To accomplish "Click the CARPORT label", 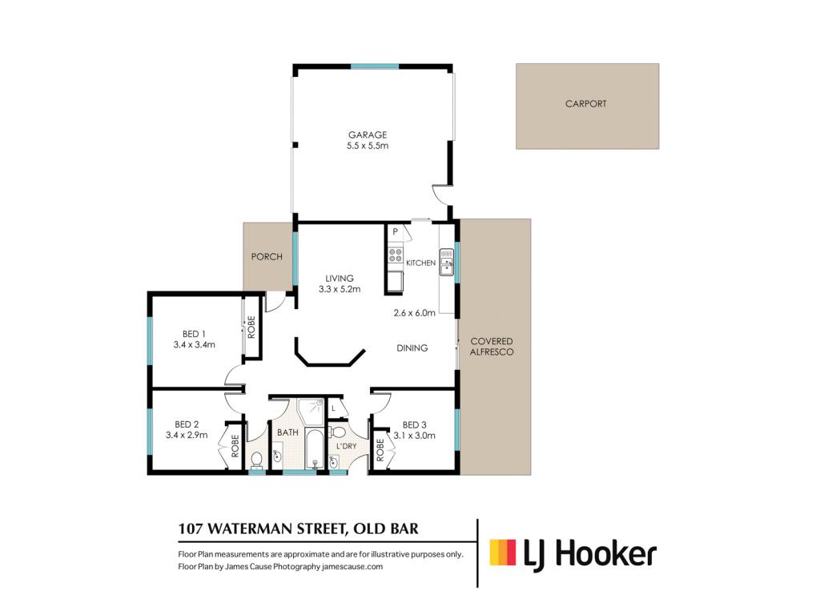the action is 585,103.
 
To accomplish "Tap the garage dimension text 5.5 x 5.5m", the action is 368,146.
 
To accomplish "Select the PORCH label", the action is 267,257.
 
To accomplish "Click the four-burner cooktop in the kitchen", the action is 396,255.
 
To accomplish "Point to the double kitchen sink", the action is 446,262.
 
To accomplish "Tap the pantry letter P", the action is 396,231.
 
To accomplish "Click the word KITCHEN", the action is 421,263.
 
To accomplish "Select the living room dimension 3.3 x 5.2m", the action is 340,288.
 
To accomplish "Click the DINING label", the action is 412,348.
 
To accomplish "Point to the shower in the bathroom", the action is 312,412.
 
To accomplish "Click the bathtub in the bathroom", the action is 314,448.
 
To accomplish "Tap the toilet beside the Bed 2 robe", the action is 256,460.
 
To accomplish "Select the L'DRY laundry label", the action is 346,446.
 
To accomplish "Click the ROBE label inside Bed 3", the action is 380,450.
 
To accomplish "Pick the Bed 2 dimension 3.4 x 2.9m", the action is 187,435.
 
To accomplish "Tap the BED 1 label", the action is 194,334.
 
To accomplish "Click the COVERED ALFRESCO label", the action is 492,346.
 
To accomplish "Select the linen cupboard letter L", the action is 333,408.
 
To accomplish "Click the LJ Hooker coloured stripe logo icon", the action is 503,553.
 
